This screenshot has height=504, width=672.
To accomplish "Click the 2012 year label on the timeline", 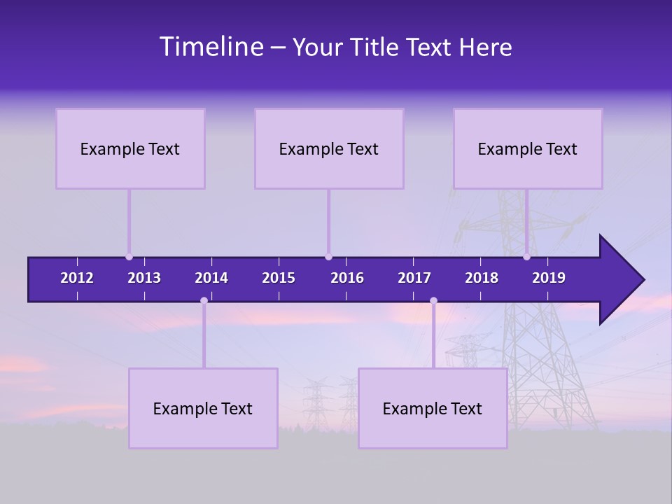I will (x=77, y=278).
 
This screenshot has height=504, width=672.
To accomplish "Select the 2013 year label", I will (x=144, y=278).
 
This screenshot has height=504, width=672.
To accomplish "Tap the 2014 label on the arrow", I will (x=211, y=278).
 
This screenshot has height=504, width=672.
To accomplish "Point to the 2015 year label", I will (x=279, y=278).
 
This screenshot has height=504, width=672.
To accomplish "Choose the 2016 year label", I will (x=347, y=278).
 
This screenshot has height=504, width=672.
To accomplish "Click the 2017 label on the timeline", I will (x=414, y=278).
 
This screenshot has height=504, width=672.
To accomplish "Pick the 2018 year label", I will (x=482, y=278).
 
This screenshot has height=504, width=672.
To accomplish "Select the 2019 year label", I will (x=549, y=278).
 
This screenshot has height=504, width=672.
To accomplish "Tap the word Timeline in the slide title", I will (x=211, y=47).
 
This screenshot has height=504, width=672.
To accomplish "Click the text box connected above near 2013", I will (x=130, y=148).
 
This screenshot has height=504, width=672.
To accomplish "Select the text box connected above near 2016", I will (x=329, y=148).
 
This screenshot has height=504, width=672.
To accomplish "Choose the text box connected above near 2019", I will (x=528, y=148).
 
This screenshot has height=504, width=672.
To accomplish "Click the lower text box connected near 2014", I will (x=203, y=408).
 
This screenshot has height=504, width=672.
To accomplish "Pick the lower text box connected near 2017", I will (x=433, y=408).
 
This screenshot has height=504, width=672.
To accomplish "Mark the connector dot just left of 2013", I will (x=129, y=257).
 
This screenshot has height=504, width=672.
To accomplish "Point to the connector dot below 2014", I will (x=204, y=301).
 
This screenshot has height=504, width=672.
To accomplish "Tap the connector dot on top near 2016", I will (x=328, y=257).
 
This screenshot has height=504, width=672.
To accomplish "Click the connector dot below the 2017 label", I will (x=433, y=301).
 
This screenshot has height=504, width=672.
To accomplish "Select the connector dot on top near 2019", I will (x=526, y=257).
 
